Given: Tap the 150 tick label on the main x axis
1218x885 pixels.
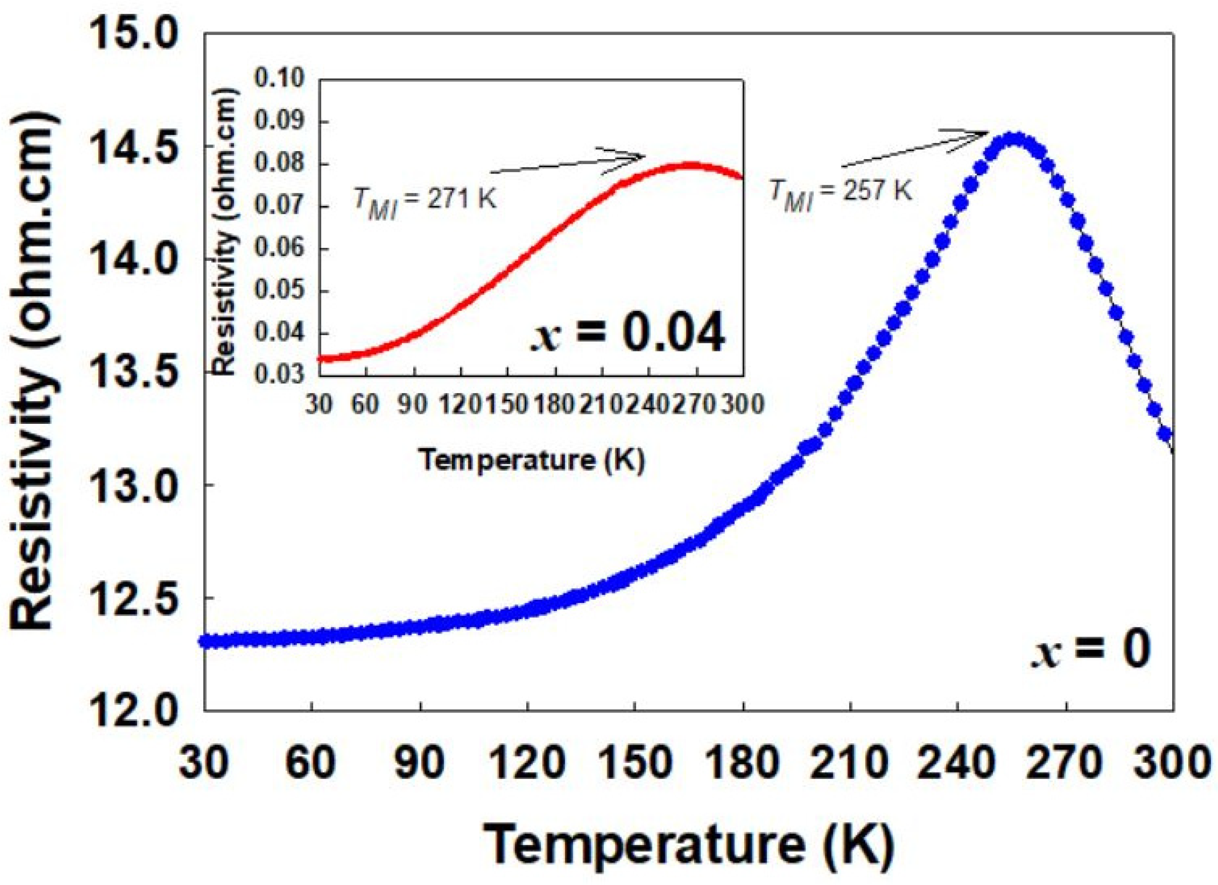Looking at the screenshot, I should (635, 764).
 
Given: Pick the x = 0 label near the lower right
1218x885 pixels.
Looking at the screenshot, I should (1090, 651).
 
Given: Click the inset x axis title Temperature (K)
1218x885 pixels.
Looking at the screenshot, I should (532, 460).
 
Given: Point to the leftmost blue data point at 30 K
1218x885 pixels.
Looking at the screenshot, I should (206, 641).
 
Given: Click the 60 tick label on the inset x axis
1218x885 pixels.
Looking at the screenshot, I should (365, 404).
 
